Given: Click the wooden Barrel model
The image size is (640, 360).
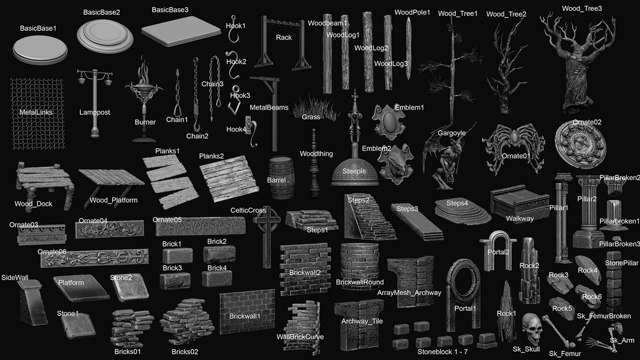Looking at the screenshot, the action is (x=281, y=178).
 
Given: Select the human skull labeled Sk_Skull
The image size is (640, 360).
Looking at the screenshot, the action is (x=532, y=328).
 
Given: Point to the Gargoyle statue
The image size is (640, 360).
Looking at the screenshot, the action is (x=449, y=157).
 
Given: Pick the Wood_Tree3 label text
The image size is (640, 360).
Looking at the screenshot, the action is (x=581, y=8).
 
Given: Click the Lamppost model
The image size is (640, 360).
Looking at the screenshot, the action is (x=95, y=103).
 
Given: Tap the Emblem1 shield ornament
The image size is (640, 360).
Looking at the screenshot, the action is (x=388, y=122).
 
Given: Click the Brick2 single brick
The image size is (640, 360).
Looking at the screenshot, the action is (x=219, y=254).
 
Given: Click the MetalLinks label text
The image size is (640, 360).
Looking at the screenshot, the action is (x=36, y=112).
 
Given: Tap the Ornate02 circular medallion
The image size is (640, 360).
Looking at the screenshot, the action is (x=580, y=144).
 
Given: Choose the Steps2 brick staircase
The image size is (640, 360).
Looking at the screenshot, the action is (x=369, y=218).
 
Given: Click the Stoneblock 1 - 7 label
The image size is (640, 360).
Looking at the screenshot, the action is (x=443, y=352).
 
